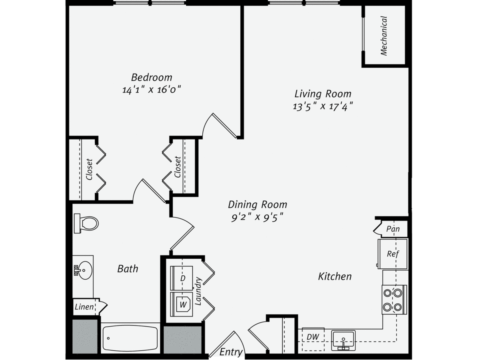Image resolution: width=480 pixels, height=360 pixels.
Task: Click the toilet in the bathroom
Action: (x=86, y=223)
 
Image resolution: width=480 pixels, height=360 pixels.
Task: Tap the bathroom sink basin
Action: (x=85, y=270)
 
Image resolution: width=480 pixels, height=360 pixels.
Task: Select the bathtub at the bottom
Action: (x=130, y=338)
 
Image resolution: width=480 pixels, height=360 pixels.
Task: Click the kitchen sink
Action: (x=343, y=340)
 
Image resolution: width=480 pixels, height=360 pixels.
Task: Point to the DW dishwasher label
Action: (x=313, y=337)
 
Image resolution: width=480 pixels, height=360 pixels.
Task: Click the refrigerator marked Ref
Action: (x=392, y=254)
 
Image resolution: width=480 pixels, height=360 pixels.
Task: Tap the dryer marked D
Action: (x=182, y=278)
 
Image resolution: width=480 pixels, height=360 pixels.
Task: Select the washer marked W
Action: (x=182, y=304)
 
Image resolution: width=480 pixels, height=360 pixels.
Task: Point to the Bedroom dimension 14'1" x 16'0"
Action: (x=152, y=90)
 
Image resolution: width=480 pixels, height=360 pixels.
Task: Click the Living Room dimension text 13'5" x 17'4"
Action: (x=323, y=107)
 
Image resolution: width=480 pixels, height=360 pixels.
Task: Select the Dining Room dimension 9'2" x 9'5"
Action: (x=257, y=217)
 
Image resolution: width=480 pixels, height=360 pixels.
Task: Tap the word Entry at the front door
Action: (x=231, y=352)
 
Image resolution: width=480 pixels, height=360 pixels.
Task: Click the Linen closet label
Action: (x=84, y=307)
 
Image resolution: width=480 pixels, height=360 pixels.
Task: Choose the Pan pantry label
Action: (x=393, y=229)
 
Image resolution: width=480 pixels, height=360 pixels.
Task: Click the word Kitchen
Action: (x=335, y=276)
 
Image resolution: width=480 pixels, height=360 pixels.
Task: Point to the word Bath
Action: (x=128, y=269)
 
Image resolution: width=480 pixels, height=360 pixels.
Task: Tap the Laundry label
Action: (x=198, y=291)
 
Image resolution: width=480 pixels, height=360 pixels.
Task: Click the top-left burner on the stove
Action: (x=387, y=293)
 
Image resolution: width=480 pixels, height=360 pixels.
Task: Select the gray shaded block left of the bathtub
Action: (x=85, y=336)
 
